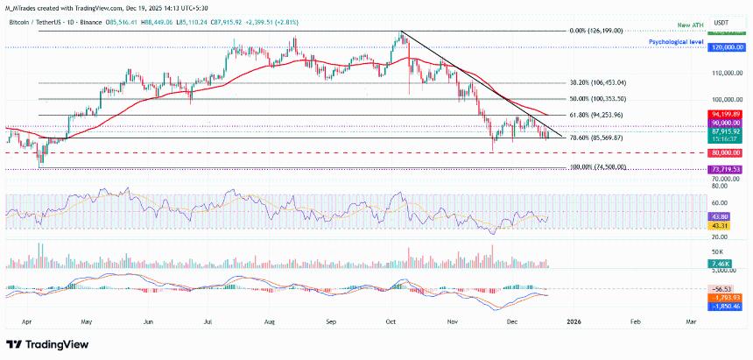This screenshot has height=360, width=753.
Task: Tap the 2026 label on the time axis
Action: pyautogui.click(x=575, y=322)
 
